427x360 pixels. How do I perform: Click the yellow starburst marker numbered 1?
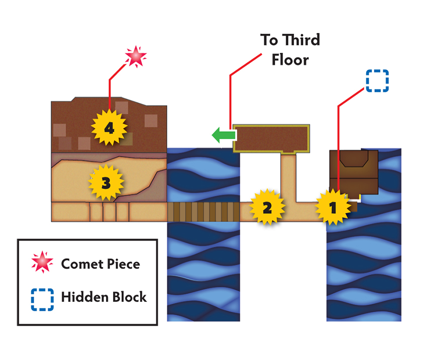pos(333,208)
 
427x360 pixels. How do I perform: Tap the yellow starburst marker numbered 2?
pos(267,207)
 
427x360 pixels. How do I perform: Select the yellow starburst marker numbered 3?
pos(106,183)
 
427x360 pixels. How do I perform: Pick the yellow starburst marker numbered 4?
pos(109,128)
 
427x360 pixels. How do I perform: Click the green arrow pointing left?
pos(224,135)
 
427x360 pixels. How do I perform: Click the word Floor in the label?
pos(290,60)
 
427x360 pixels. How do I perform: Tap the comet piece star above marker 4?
pos(136,56)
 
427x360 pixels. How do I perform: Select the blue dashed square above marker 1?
pos(377,80)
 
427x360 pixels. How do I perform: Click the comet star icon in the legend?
pos(42,262)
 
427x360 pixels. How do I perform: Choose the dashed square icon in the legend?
pos(42,300)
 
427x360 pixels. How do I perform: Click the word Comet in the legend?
pos(82,264)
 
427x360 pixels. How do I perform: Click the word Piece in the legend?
pos(124,264)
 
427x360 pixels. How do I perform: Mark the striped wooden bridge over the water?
pos(203,212)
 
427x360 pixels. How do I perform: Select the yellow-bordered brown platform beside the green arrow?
pos(271,138)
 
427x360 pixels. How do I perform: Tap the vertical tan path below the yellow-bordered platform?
pos(288,178)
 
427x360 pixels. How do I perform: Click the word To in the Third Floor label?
pos(269,40)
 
